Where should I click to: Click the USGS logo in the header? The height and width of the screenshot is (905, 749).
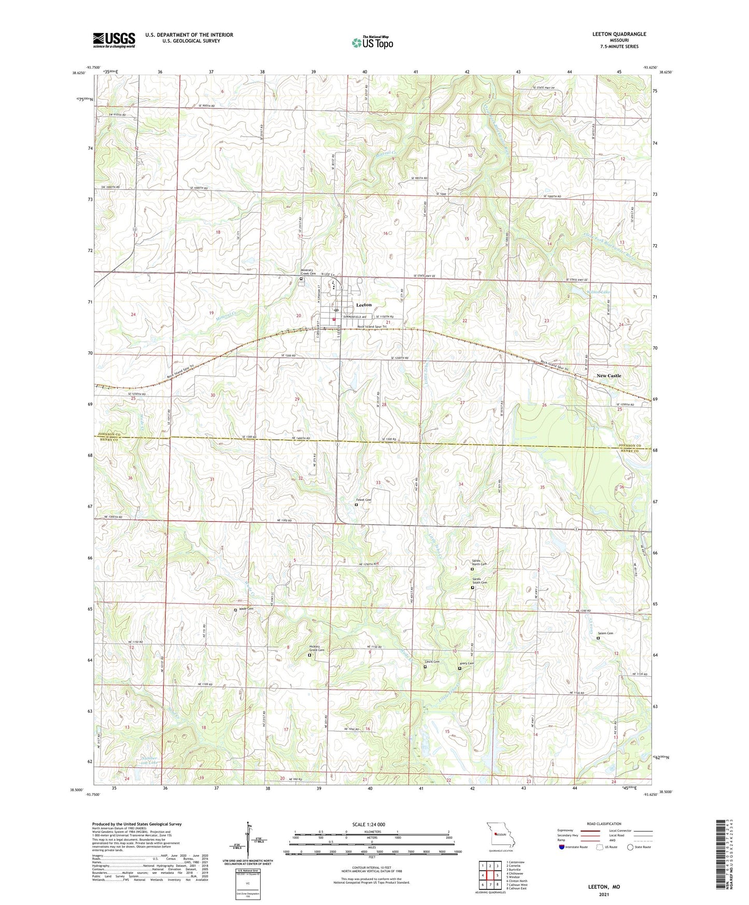click(x=114, y=39)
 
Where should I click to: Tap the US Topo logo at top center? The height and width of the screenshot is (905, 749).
click(x=372, y=42)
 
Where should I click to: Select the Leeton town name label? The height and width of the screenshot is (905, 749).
click(x=364, y=305)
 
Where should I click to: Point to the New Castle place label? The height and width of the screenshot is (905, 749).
click(x=609, y=376)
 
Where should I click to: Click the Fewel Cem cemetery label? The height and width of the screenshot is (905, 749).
click(x=365, y=500)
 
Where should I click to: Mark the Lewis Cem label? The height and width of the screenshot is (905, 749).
click(x=432, y=662)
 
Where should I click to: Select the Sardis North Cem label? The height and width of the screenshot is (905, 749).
click(x=478, y=563)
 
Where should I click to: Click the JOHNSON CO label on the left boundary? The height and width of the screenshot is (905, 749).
click(x=107, y=434)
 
